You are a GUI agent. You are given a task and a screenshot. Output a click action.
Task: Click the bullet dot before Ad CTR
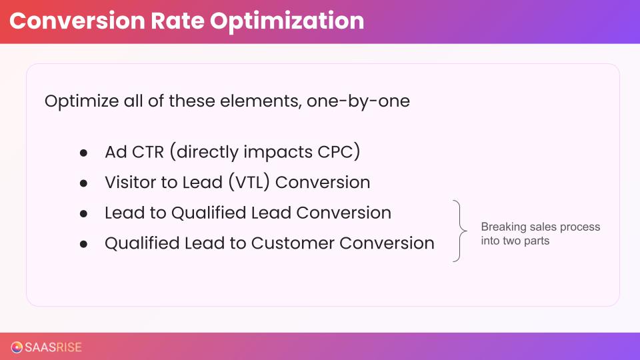[x=84, y=153]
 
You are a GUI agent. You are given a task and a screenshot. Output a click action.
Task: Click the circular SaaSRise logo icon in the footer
[x=17, y=347]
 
